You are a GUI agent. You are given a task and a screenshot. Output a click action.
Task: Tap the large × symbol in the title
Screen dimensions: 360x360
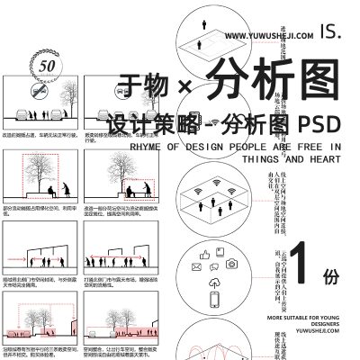[186, 85]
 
